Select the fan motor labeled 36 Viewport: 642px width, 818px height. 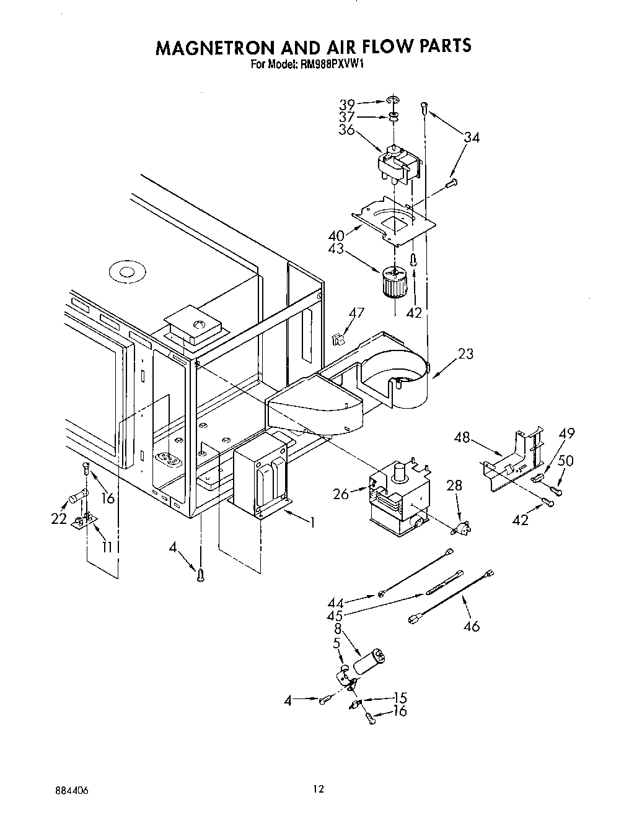click(x=399, y=164)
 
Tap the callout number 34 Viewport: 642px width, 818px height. click(x=472, y=138)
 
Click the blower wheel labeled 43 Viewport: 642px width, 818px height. click(x=392, y=282)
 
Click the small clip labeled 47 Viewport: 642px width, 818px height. click(x=338, y=339)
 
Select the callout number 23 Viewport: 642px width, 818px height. click(x=465, y=354)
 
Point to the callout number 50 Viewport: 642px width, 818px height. click(x=566, y=461)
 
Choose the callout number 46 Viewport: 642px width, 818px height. click(x=472, y=627)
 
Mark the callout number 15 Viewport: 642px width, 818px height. click(x=400, y=698)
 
